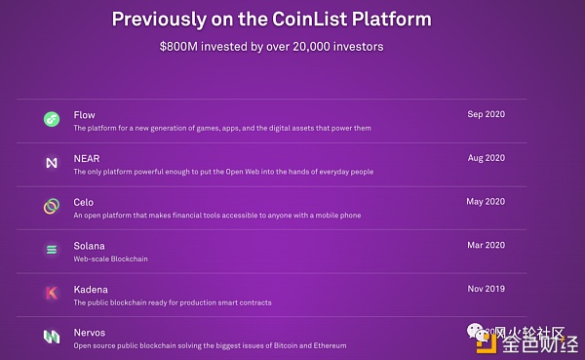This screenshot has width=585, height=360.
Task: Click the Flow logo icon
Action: click(52, 120)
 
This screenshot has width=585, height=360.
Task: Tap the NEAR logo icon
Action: click(52, 163)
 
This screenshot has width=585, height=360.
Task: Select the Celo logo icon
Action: click(52, 206)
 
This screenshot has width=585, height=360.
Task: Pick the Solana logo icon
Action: click(52, 250)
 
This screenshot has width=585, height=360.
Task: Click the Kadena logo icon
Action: click(52, 293)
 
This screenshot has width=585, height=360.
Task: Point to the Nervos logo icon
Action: click(52, 337)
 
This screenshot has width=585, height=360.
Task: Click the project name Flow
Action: click(85, 115)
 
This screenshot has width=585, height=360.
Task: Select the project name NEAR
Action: click(87, 158)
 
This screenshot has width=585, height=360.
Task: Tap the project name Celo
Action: click(85, 202)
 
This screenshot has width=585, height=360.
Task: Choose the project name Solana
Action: click(90, 246)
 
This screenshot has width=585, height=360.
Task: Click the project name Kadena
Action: click(91, 290)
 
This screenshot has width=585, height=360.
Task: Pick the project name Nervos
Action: click(90, 333)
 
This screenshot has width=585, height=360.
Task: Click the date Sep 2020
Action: click(487, 115)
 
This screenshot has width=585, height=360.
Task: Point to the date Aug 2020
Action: click(487, 158)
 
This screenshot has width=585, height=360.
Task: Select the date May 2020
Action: click(487, 202)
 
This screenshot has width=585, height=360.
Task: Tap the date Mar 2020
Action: click(487, 246)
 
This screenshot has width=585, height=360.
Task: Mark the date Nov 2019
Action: click(487, 290)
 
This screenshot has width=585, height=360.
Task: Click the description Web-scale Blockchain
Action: click(111, 260)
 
